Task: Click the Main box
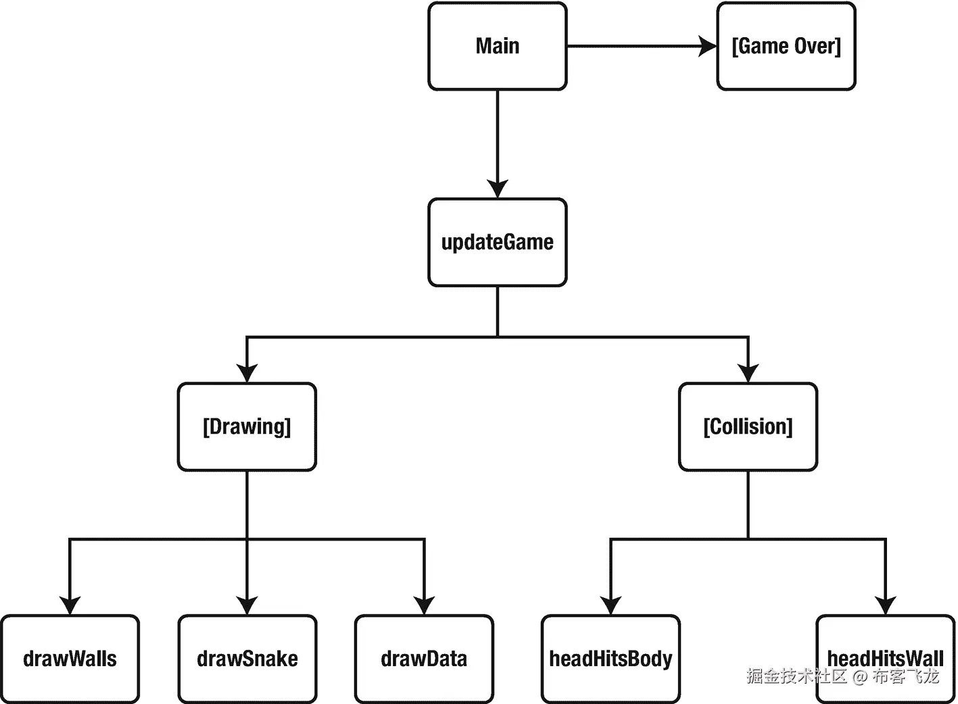pyautogui.click(x=498, y=46)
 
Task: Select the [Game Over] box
pyautogui.click(x=786, y=46)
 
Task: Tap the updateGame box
pyautogui.click(x=498, y=243)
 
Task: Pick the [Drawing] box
pyautogui.click(x=247, y=427)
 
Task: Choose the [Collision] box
pyautogui.click(x=748, y=427)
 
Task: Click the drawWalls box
pyautogui.click(x=70, y=659)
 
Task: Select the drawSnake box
pyautogui.click(x=247, y=659)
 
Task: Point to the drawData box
pyautogui.click(x=424, y=659)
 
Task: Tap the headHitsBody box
pyautogui.click(x=610, y=659)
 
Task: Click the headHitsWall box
pyautogui.click(x=885, y=659)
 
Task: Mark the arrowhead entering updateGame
pyautogui.click(x=498, y=188)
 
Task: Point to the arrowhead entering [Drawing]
pyautogui.click(x=247, y=373)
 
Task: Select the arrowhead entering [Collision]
pyautogui.click(x=748, y=373)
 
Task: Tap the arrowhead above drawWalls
pyautogui.click(x=70, y=605)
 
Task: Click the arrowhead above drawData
pyautogui.click(x=424, y=605)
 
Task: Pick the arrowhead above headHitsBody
pyautogui.click(x=610, y=605)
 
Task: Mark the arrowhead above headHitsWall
pyautogui.click(x=885, y=605)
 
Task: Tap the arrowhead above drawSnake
pyautogui.click(x=247, y=605)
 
